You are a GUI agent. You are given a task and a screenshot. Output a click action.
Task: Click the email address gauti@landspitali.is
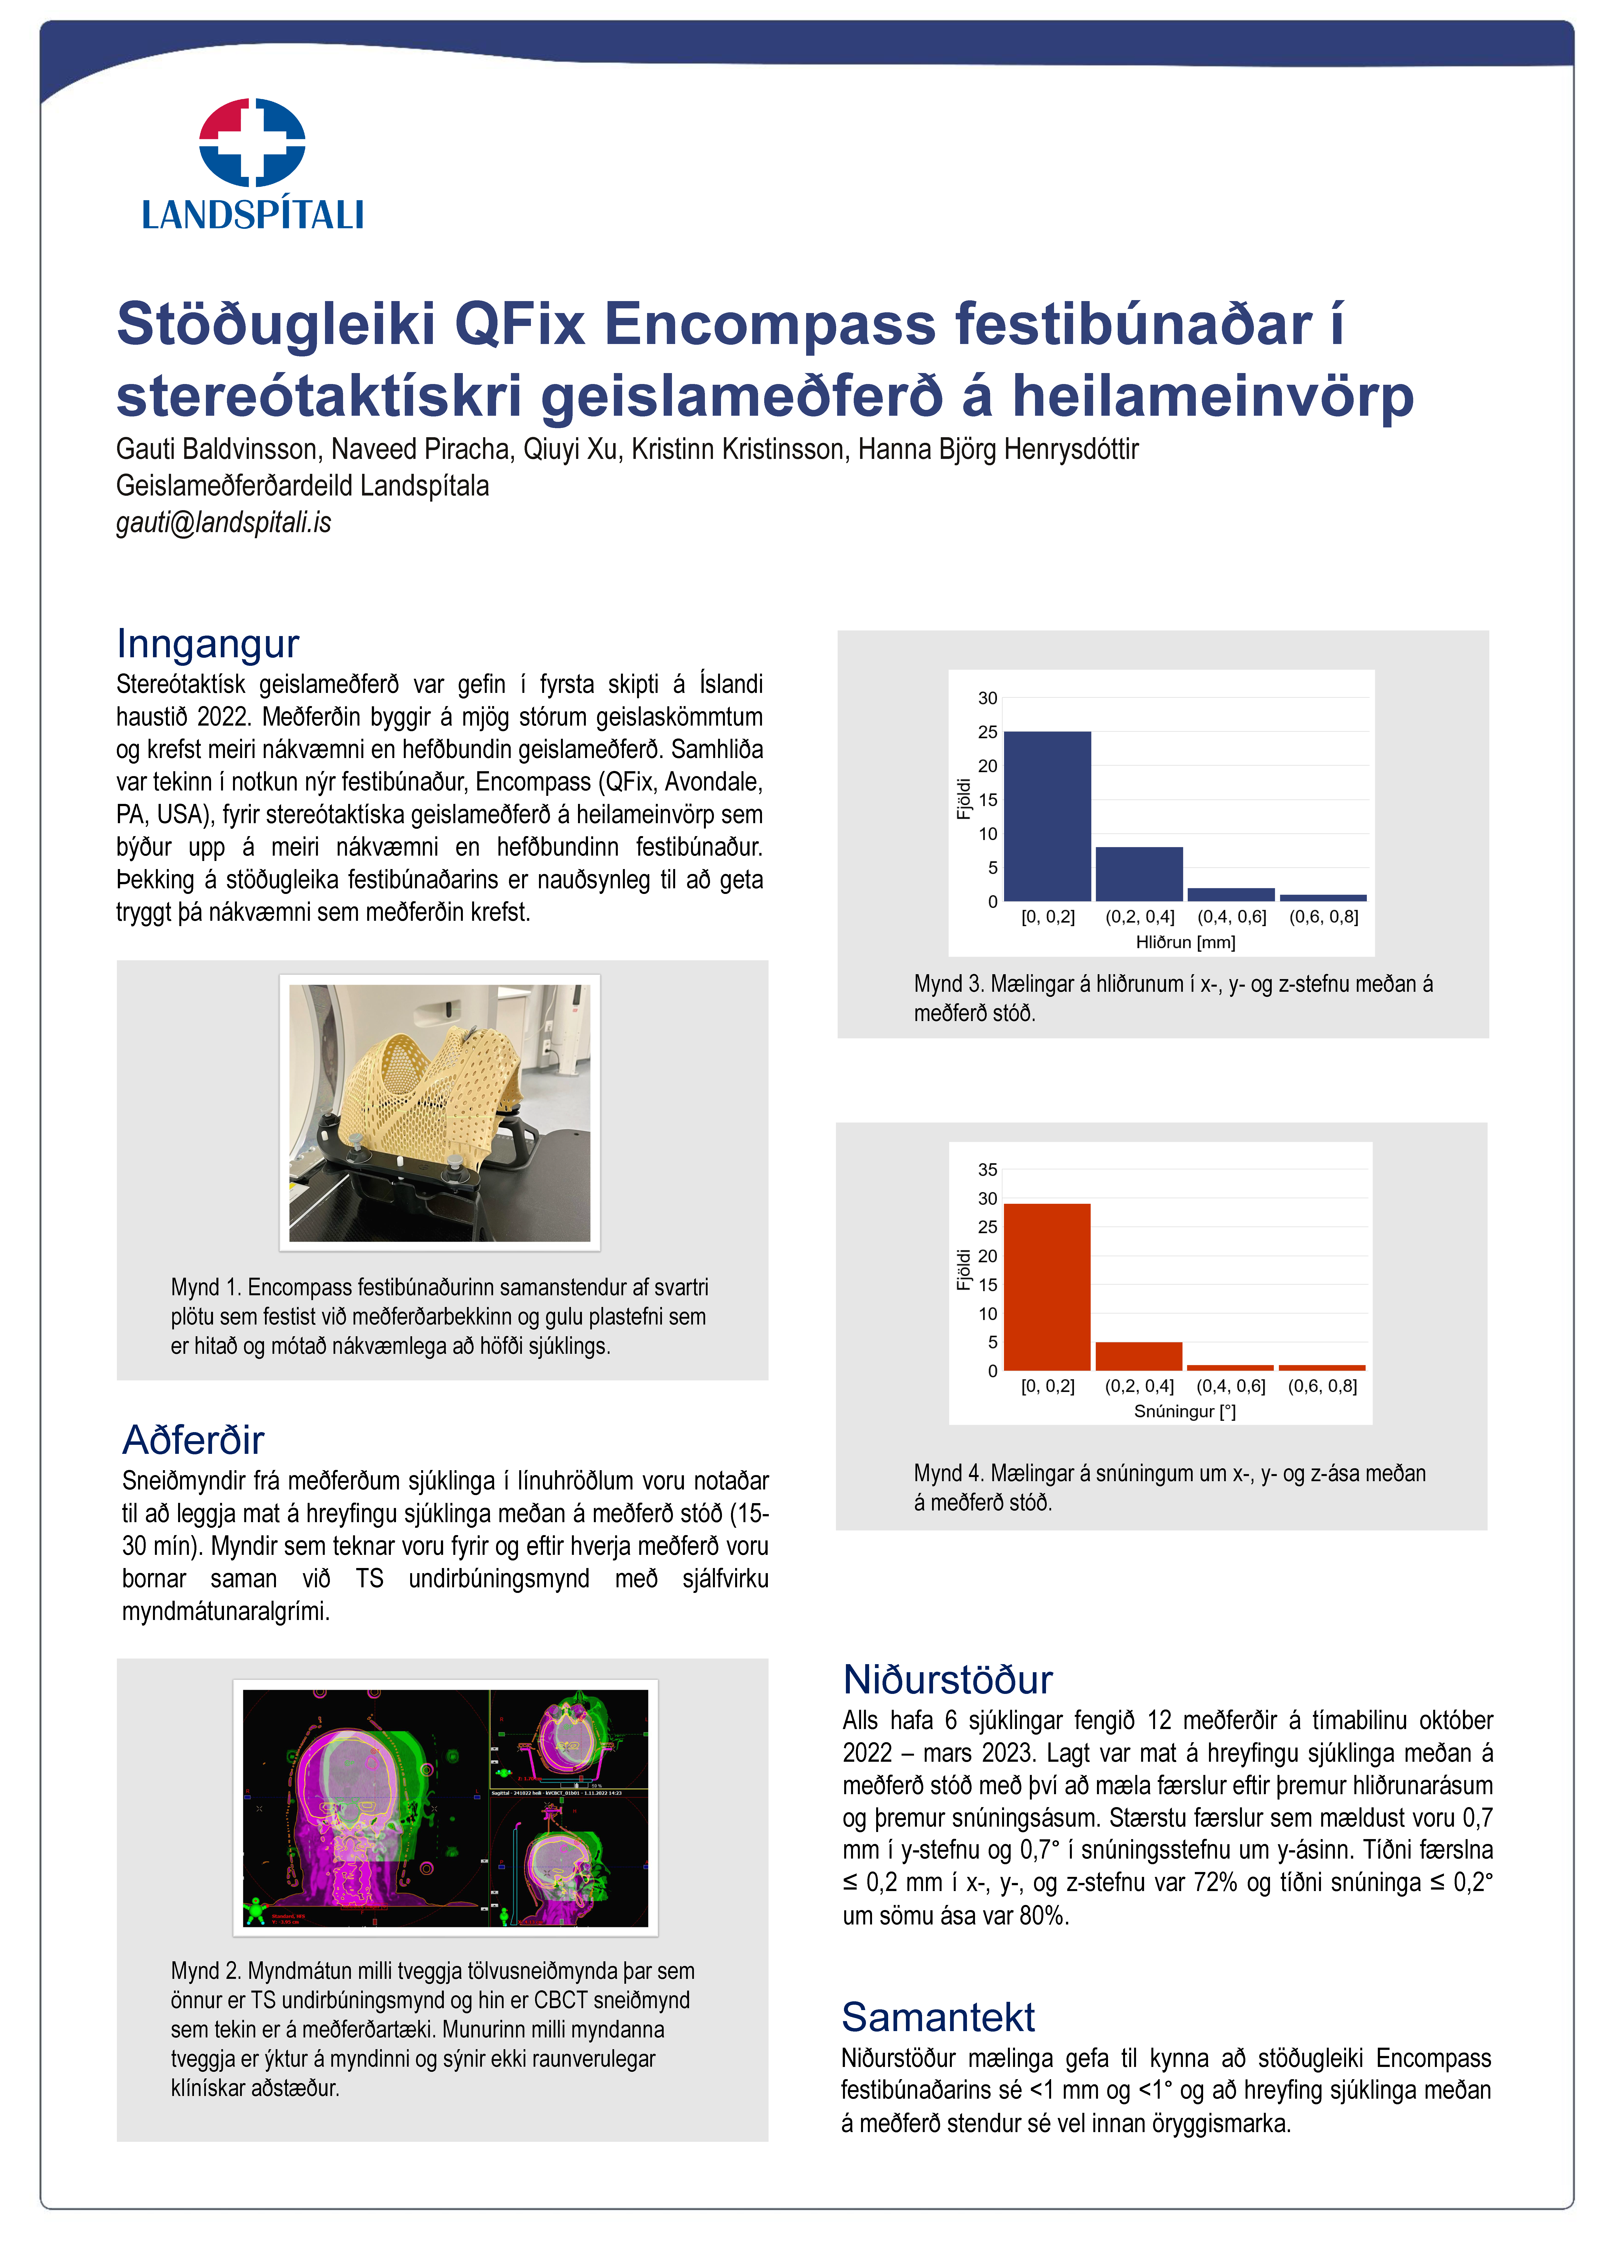pos(223,523)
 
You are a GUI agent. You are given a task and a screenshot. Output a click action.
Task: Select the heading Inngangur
pos(208,644)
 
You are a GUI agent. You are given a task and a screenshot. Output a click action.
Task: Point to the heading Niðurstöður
pos(947,1680)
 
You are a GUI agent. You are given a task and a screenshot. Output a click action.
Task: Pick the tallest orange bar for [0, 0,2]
pos(1047,1287)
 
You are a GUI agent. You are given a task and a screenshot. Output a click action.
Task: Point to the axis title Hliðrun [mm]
pos(1186,941)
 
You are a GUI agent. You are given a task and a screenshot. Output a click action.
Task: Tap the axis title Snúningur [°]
pos(1185,1411)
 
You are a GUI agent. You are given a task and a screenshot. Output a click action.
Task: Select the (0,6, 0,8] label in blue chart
pos(1324,916)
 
